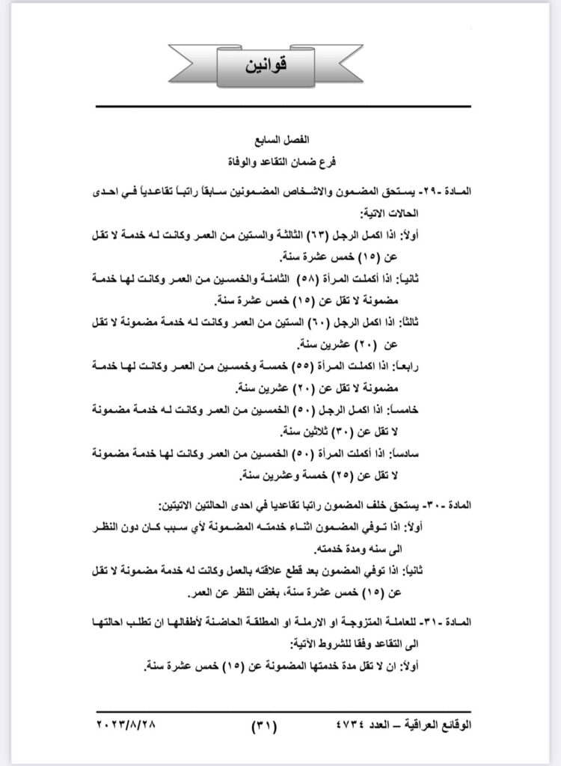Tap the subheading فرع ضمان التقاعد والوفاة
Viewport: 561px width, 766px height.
[x=280, y=160]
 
